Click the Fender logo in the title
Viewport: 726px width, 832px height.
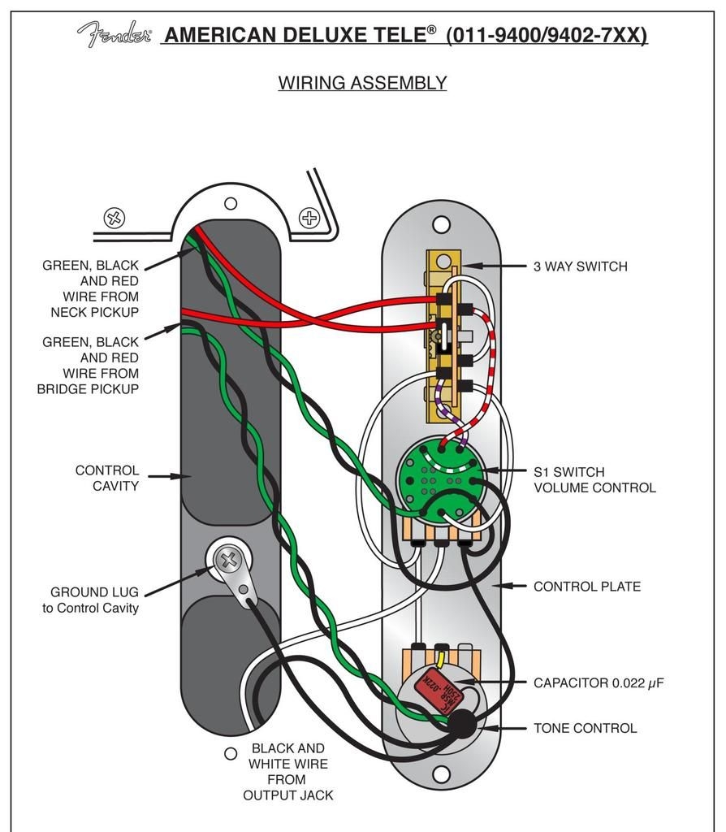114,34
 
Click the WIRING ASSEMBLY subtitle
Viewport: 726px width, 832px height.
362,83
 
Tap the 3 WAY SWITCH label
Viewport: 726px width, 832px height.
580,266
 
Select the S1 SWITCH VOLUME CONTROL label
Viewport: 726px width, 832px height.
594,480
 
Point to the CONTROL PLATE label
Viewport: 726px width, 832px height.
586,587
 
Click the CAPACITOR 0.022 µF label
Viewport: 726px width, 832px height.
598,683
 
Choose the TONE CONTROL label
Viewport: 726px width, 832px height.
585,728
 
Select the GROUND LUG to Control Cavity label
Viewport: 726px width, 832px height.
90,600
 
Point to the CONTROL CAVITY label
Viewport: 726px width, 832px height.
106,479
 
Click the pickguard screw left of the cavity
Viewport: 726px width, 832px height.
115,218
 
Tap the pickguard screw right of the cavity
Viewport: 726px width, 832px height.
309,217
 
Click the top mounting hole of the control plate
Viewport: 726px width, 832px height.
441,223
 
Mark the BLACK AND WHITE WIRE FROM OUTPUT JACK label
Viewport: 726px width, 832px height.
287,772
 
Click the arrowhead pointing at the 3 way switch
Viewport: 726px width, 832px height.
469,266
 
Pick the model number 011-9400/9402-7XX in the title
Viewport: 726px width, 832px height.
547,35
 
